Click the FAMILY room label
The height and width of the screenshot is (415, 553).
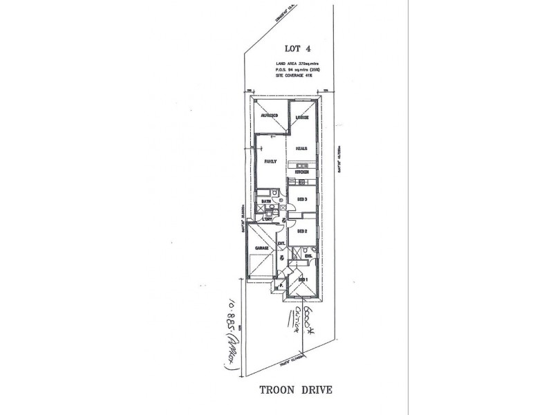click(270, 162)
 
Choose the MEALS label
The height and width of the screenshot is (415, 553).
click(301, 148)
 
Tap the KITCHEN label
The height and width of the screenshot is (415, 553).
click(301, 172)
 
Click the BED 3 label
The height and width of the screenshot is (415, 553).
click(301, 200)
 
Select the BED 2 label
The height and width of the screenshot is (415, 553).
click(301, 232)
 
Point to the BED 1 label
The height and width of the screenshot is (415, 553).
click(301, 279)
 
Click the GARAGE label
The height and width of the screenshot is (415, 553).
click(261, 247)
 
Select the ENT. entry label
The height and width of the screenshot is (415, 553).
click(281, 243)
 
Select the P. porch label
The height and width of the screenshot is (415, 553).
click(281, 286)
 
